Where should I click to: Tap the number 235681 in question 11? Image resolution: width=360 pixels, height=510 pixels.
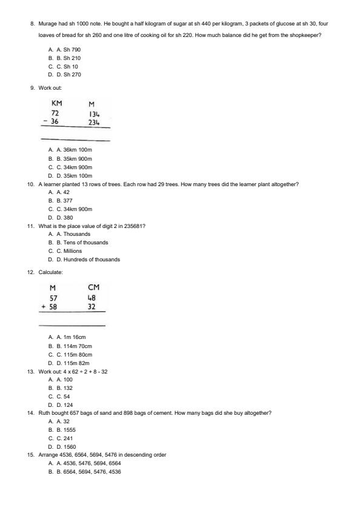131,226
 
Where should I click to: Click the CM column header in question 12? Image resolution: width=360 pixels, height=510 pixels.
93,287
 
